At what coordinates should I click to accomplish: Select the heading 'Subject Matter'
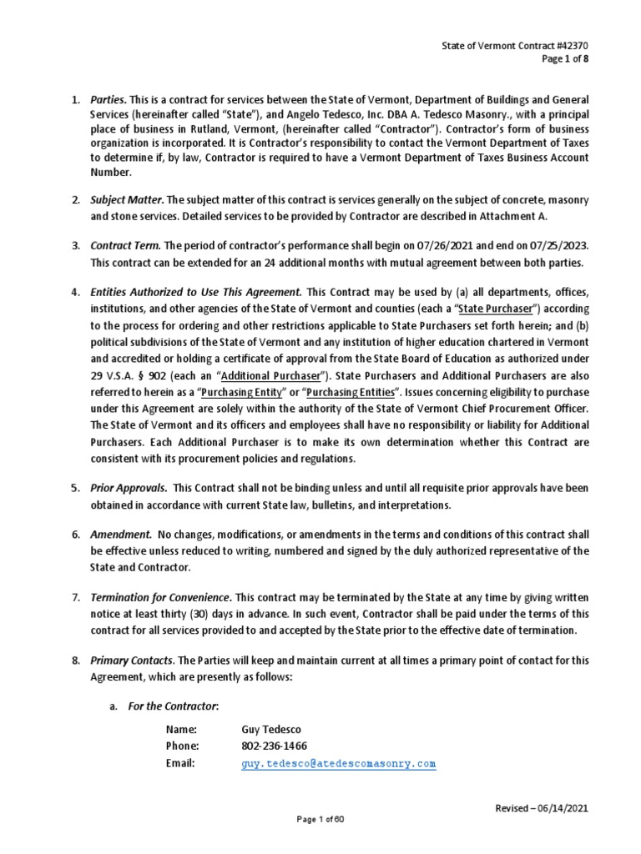coord(126,199)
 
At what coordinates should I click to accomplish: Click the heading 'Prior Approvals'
coord(129,489)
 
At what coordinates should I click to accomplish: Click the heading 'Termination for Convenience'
coord(160,598)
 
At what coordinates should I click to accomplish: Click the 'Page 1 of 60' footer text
coord(320,820)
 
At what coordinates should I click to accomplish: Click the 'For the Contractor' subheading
coord(173,706)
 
